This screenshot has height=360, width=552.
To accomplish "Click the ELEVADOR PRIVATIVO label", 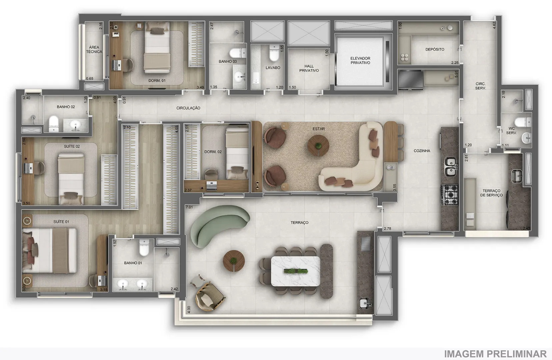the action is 360,61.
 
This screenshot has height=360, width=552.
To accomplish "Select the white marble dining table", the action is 295,271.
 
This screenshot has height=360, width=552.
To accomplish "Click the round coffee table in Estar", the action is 318,146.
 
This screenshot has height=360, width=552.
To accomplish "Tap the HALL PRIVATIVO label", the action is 309,68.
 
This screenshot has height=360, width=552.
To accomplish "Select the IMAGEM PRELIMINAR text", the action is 495,354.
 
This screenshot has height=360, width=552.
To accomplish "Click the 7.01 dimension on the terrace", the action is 189,207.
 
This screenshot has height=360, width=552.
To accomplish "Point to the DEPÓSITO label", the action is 435,49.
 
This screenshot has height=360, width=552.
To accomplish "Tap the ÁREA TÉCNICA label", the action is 94,50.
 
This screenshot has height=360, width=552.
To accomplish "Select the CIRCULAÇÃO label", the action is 188,108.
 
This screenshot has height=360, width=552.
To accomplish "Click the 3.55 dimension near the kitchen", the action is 395,187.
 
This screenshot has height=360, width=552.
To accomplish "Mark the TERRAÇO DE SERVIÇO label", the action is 491,193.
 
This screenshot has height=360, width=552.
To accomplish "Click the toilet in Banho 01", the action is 144,248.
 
